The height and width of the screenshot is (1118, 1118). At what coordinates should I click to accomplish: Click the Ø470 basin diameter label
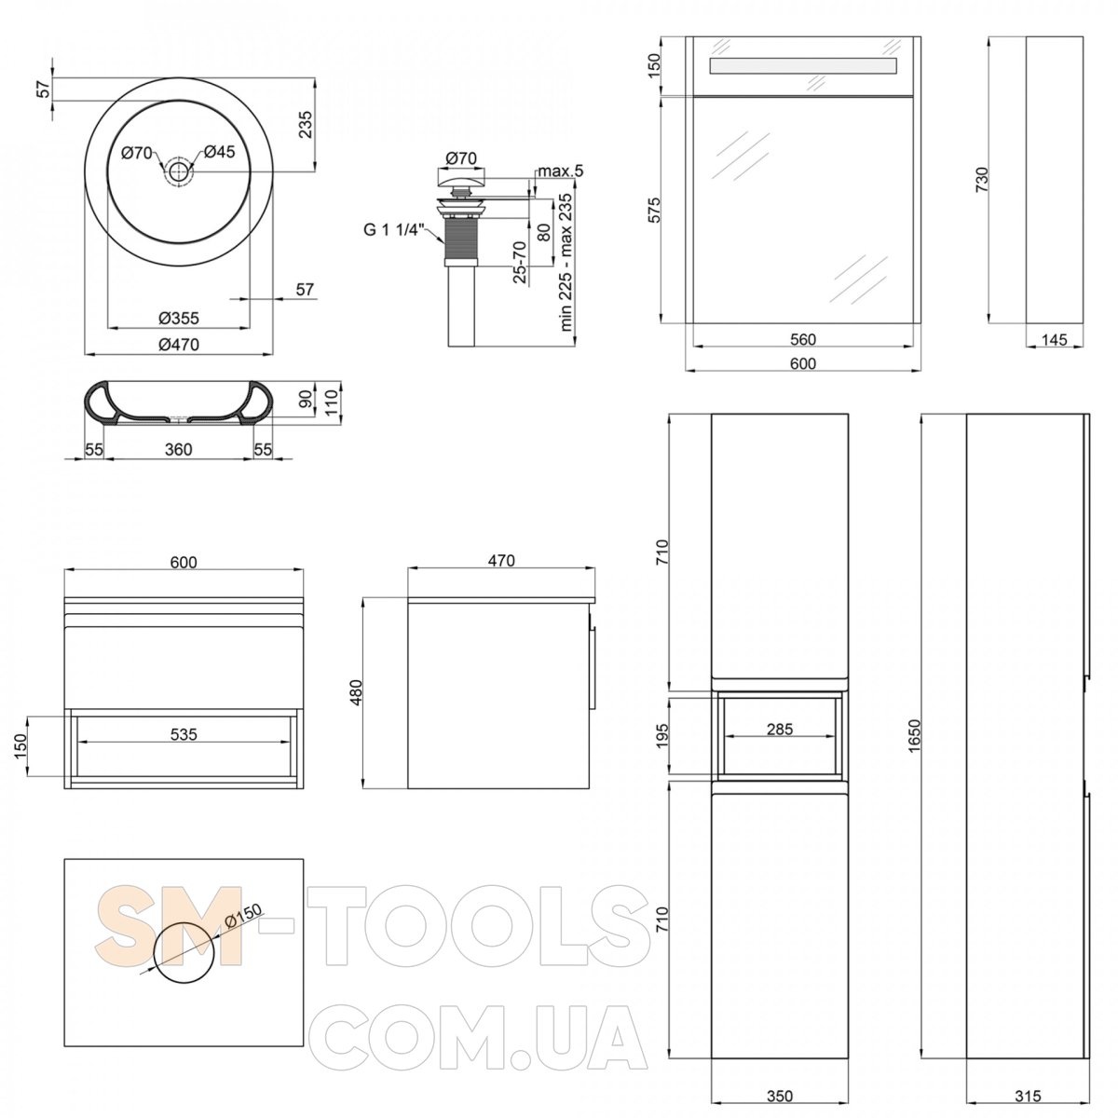click(x=179, y=345)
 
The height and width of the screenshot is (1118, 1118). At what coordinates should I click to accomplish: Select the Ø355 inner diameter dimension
click(x=179, y=318)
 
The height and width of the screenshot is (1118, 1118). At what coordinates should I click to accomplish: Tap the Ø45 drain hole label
click(x=219, y=152)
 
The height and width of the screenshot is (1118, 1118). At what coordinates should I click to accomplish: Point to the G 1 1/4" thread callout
click(x=390, y=230)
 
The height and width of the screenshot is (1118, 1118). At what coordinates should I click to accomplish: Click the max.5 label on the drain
click(x=561, y=171)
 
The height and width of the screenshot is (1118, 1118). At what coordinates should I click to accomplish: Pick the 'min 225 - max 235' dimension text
click(x=566, y=262)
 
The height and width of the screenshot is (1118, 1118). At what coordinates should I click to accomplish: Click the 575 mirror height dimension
click(x=653, y=210)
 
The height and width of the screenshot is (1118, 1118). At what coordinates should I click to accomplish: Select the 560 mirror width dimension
click(x=803, y=339)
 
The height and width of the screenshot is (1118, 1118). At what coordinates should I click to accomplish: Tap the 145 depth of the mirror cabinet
click(x=1054, y=339)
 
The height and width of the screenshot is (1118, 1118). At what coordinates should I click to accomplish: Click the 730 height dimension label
click(x=981, y=180)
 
